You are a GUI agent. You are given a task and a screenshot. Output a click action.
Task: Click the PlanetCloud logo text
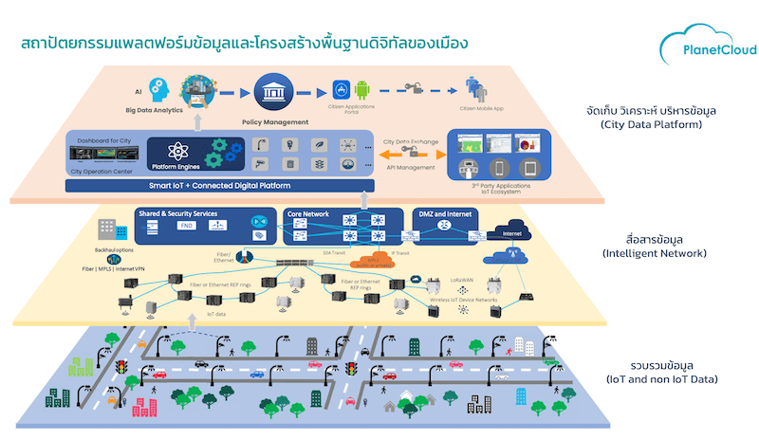[x=705, y=52]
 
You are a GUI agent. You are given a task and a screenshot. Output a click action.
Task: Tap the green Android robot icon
[x=361, y=90]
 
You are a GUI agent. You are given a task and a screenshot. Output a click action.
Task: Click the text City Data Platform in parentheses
[x=650, y=124]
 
